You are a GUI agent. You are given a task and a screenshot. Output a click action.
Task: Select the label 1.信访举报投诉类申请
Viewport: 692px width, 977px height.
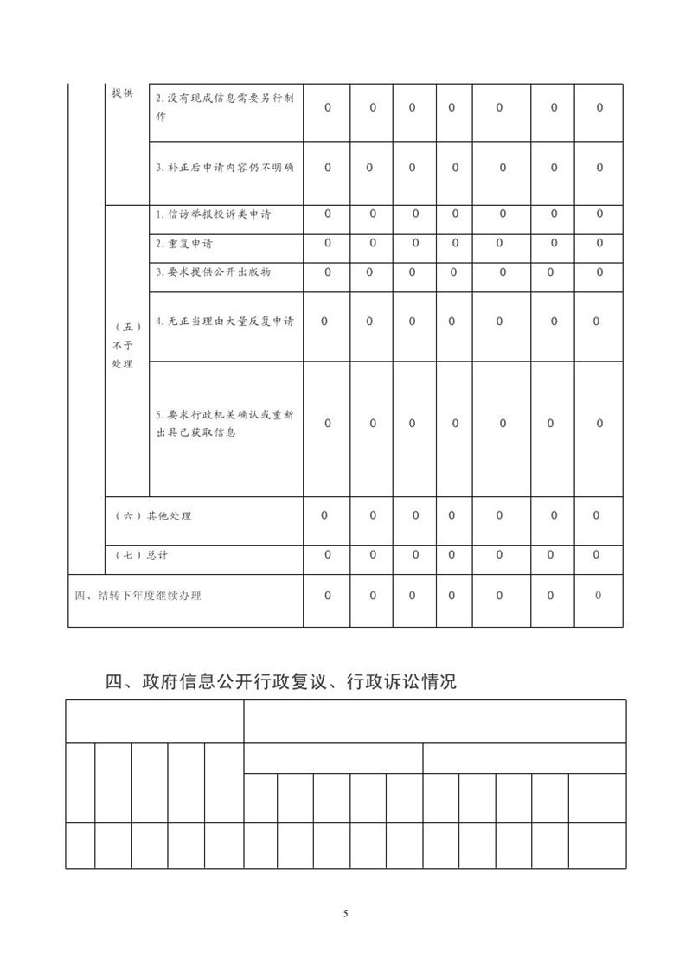(213, 214)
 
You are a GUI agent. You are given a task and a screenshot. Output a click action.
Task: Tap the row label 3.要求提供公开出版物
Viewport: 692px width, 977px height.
(213, 272)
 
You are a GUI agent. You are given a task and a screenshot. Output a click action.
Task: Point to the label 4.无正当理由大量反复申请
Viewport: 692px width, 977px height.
(224, 322)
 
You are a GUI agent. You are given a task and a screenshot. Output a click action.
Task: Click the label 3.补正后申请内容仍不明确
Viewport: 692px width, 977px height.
(224, 168)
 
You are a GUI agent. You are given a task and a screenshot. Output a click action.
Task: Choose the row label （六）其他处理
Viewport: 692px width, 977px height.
(153, 516)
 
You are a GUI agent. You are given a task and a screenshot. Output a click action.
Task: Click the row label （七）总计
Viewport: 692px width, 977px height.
(141, 555)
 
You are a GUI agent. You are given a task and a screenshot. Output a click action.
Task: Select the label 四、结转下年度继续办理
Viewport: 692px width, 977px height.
(138, 596)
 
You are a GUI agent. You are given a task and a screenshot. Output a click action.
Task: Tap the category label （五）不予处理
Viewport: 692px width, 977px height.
(123, 345)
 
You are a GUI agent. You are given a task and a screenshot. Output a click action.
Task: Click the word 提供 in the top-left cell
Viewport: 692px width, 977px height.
(122, 93)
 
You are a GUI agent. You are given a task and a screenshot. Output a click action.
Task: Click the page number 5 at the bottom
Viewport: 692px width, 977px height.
(345, 913)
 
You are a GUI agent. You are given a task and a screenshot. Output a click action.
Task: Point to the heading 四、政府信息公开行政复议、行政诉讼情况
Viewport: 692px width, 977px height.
(281, 681)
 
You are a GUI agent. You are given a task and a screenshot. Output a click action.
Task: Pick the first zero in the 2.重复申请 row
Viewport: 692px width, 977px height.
(327, 243)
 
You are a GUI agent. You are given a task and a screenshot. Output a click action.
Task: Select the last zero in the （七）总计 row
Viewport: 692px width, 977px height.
(597, 555)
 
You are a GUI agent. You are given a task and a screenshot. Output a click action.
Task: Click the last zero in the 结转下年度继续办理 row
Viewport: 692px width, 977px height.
(598, 596)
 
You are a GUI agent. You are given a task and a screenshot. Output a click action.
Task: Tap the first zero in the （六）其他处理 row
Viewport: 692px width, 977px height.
(324, 515)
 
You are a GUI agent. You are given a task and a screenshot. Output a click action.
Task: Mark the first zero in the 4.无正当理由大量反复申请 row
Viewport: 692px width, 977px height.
(324, 322)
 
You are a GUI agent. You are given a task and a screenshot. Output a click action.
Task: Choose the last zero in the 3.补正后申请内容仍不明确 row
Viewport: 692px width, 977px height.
(599, 168)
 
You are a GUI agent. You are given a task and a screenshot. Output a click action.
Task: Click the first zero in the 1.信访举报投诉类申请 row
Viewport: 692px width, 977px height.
(327, 214)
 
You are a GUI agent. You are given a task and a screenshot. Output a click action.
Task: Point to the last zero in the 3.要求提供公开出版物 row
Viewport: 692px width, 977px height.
(599, 272)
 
